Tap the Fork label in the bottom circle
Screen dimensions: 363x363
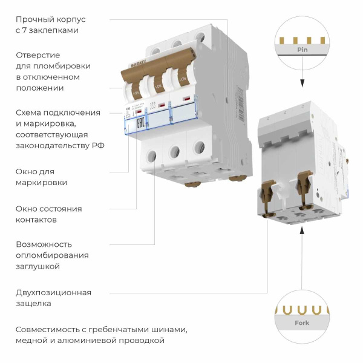pyautogui.click(x=301, y=323)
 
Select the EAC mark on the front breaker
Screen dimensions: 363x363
pyautogui.click(x=140, y=125)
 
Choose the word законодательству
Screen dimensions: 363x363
pyautogui.click(x=53, y=145)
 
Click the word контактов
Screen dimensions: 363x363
pyautogui.click(x=36, y=220)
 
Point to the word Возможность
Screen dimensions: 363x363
pyautogui.click(x=44, y=244)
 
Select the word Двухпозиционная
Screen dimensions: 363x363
pyautogui.click(x=54, y=293)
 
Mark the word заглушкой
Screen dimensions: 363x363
pyautogui.click(x=38, y=266)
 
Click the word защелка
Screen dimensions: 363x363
pyautogui.click(x=33, y=304)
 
